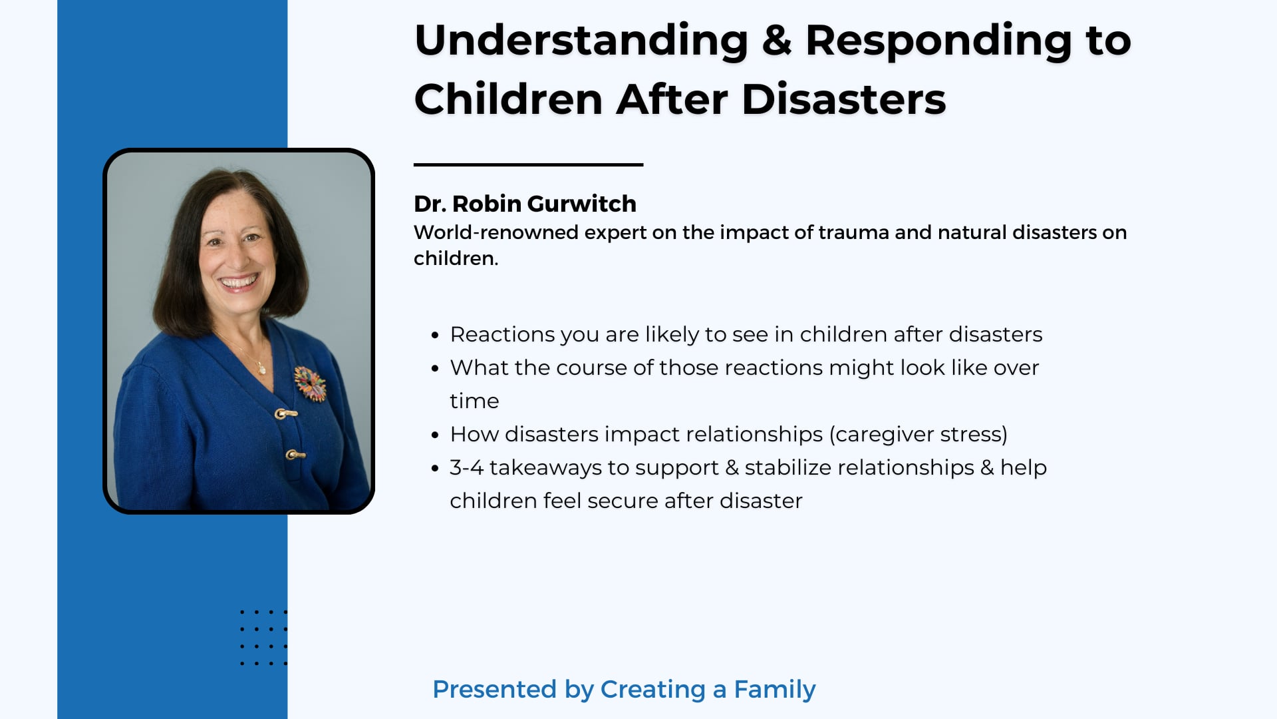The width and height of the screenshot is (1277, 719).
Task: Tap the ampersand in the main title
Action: point(776,41)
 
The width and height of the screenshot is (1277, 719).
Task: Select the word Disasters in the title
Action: point(843,101)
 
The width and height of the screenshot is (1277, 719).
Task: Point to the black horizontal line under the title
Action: point(528,164)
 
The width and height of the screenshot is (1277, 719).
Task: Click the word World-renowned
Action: point(496,232)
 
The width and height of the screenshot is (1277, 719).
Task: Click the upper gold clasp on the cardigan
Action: point(285,414)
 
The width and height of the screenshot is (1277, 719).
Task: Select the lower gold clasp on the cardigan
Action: point(295,455)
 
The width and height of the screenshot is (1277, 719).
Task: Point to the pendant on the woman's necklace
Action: point(261,367)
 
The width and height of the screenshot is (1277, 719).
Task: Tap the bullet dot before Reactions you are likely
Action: point(435,336)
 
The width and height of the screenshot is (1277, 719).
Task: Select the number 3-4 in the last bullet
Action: point(466,467)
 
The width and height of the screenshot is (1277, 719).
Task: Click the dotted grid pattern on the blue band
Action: point(263,637)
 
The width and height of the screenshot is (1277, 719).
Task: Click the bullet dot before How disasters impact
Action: point(435,435)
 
